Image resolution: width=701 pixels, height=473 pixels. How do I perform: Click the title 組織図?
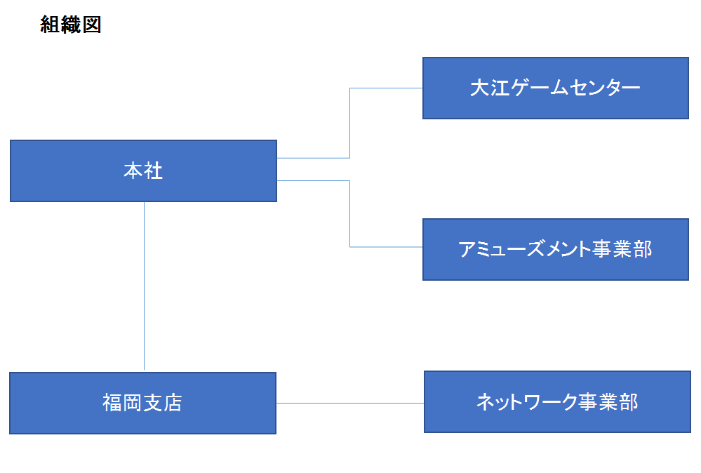(71, 25)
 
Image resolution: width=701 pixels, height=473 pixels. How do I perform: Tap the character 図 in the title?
(92, 25)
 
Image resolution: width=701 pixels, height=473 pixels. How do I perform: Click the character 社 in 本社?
(154, 171)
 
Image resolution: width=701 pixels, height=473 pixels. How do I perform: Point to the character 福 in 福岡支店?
(112, 403)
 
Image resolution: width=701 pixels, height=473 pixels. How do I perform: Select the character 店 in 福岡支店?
(173, 403)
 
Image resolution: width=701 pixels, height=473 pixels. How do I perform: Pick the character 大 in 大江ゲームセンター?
(479, 88)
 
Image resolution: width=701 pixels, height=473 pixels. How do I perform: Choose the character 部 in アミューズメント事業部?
(642, 249)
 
